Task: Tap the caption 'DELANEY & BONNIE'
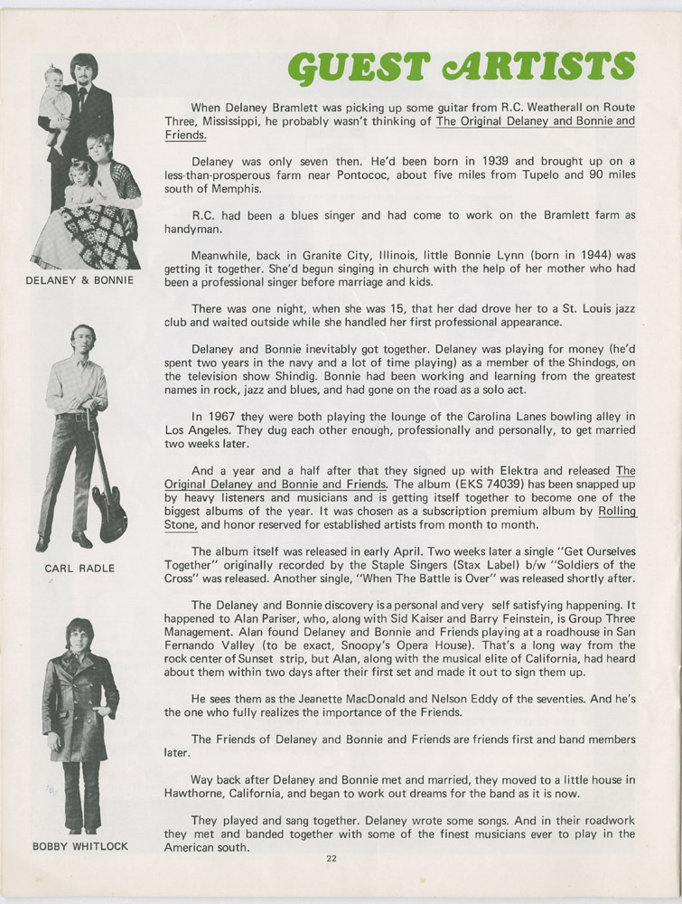[x=82, y=280]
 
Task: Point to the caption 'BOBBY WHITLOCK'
[x=80, y=847]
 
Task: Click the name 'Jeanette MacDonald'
[x=317, y=699]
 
